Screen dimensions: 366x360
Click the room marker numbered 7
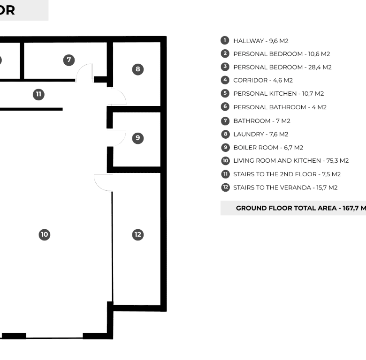[69, 60]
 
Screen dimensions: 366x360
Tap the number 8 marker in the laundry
[137, 69]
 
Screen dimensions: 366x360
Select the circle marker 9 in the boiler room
[137, 138]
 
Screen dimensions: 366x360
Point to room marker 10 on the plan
[45, 234]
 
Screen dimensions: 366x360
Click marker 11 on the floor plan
[38, 94]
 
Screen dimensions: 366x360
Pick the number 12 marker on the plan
[137, 234]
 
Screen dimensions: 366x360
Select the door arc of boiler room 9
[122, 141]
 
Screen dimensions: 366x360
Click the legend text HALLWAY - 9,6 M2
[261, 41]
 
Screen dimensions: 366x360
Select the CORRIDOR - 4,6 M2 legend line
[263, 81]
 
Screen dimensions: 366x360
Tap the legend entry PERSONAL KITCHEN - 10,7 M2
[278, 94]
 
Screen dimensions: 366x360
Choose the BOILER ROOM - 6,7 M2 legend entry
[268, 148]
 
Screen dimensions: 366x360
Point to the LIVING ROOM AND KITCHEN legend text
[277, 161]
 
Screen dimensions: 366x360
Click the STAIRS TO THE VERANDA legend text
[272, 187]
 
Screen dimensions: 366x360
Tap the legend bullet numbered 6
[225, 106]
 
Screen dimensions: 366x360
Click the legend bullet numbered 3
[225, 67]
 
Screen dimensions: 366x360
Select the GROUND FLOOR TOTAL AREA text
[286, 208]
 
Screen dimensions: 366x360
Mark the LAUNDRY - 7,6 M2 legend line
[261, 135]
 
